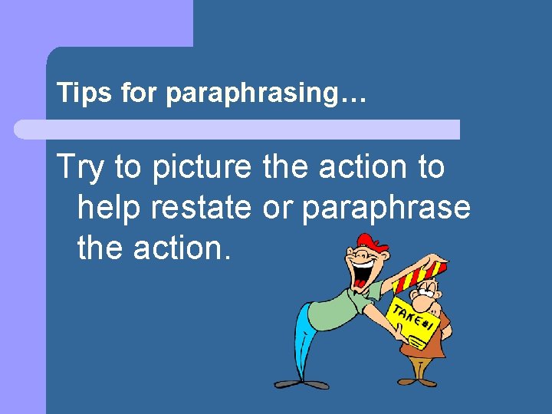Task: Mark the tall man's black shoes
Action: click(x=299, y=383)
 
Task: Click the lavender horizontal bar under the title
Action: click(x=238, y=129)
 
